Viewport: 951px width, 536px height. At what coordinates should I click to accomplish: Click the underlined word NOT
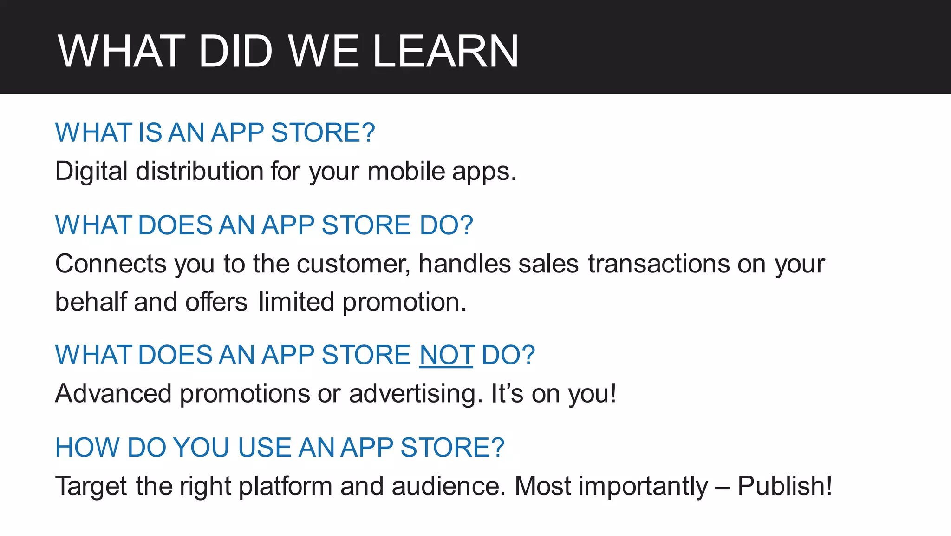[x=446, y=355]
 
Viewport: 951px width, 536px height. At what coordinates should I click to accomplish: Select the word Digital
[x=91, y=171]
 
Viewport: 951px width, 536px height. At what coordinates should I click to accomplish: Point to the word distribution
[x=200, y=171]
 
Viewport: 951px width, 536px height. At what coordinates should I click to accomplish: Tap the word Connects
[x=111, y=264]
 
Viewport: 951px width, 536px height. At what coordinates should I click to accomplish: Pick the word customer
[x=353, y=264]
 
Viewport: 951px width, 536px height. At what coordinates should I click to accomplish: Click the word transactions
[x=658, y=264]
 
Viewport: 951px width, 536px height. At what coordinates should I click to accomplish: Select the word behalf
[x=91, y=302]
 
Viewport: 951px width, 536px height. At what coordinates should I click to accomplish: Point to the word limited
[x=296, y=302]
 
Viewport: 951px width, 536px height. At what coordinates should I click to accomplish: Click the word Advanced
[x=113, y=394]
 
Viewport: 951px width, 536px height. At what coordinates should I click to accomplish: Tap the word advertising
[x=412, y=394]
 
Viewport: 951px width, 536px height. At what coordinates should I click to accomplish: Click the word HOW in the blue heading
[x=87, y=448]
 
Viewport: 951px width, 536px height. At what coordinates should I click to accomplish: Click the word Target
[x=91, y=486]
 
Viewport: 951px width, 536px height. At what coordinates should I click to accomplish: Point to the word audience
[x=448, y=486]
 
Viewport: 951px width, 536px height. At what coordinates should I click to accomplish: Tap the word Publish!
[x=785, y=486]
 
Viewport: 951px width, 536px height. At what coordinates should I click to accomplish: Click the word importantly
[x=643, y=486]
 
